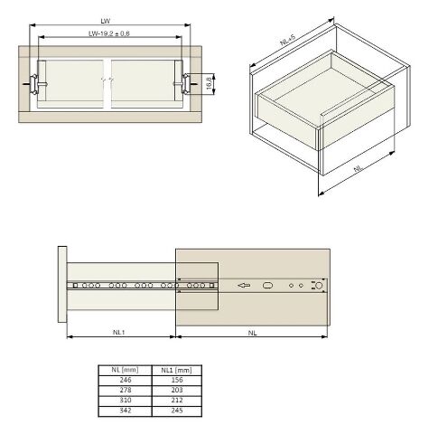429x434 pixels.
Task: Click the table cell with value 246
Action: [125, 381]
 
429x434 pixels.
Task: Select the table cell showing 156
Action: [177, 381]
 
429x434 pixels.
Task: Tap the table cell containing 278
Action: [125, 391]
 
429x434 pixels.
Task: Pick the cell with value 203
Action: [177, 391]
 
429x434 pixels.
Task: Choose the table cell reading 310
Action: [125, 401]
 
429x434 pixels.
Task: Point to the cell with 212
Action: [177, 401]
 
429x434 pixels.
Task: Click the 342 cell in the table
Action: [125, 410]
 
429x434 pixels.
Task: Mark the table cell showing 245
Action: [177, 410]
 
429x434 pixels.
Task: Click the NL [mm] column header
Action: [125, 370]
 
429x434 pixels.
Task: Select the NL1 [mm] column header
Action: [177, 370]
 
